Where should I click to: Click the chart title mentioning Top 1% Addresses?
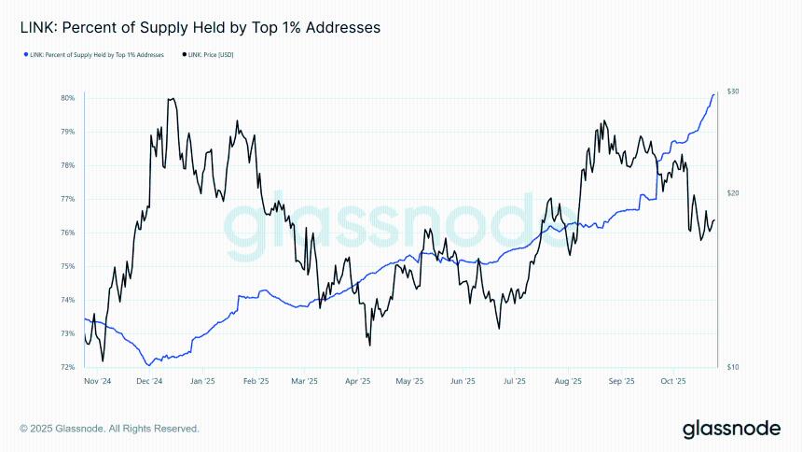coord(200,28)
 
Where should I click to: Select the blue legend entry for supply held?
coord(94,55)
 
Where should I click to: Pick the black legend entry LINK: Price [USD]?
coord(210,55)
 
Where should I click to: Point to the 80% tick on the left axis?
coord(68,97)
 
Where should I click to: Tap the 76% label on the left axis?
coord(68,233)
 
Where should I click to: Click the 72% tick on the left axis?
coord(68,367)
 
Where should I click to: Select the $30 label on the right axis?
coord(734,92)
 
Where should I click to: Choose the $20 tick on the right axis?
coord(734,193)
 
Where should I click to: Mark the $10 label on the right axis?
coord(734,367)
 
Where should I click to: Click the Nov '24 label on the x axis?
coord(97,382)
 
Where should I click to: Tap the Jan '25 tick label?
coord(202,382)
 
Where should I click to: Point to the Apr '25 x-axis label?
coord(358,382)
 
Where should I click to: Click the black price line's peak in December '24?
coord(171,98)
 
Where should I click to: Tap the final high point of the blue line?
coord(714,94)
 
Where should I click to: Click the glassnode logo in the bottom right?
coord(730,429)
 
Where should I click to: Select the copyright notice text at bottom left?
coord(109,429)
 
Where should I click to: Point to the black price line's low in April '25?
coord(369,345)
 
